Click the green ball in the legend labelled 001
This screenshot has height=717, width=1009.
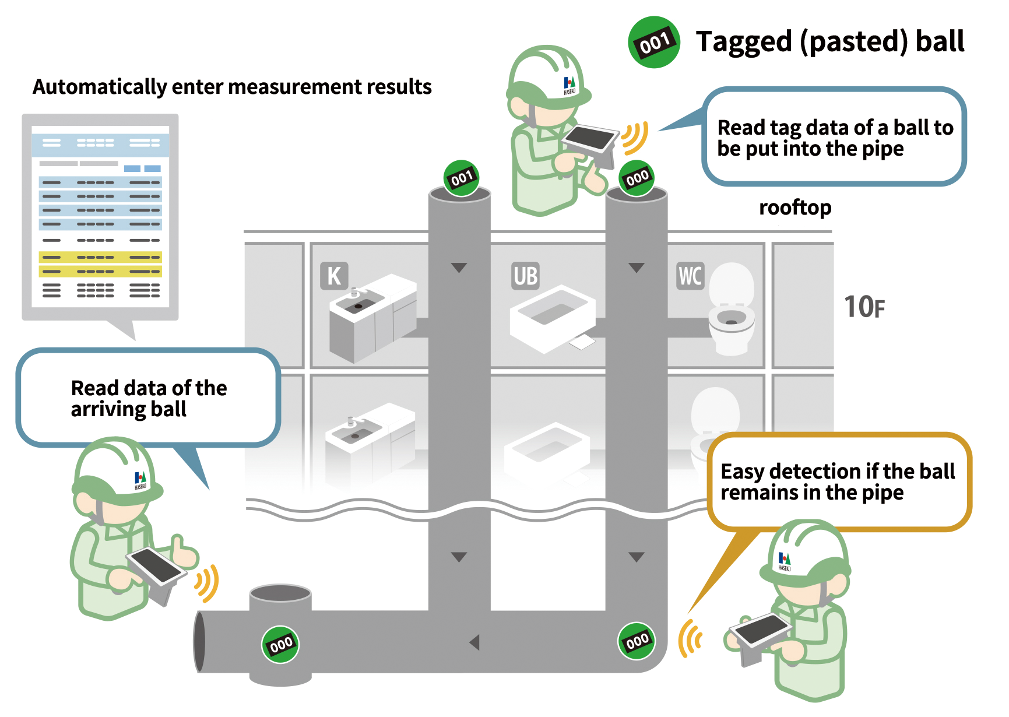(654, 42)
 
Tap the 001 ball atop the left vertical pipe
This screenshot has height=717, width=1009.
(461, 178)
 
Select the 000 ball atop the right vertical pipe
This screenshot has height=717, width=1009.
(637, 178)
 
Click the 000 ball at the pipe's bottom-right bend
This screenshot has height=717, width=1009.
(637, 641)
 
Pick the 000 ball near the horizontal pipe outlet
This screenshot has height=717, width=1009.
(280, 644)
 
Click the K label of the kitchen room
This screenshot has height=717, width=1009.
(334, 276)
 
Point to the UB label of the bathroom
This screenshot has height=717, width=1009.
(525, 276)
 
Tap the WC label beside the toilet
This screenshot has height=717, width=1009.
(690, 276)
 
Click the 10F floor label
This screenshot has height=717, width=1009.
(864, 307)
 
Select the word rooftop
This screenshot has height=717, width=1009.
(795, 208)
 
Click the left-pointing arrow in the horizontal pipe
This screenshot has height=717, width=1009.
(474, 642)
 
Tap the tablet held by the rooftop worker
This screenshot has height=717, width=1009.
(590, 139)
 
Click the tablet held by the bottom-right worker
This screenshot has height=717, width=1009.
(760, 629)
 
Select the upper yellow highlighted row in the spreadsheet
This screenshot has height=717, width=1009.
(100, 257)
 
